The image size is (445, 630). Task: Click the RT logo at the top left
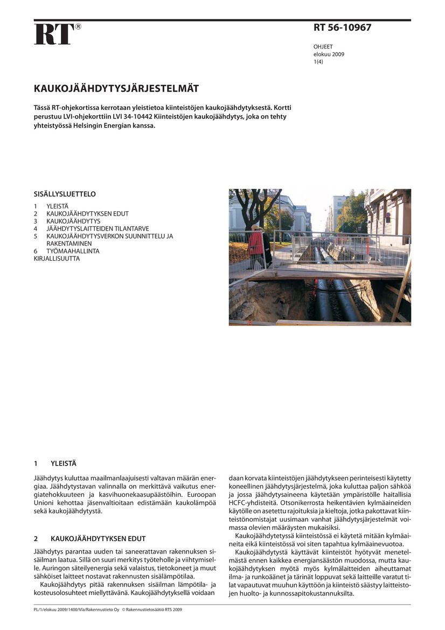click(x=54, y=34)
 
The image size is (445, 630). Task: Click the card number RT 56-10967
click(x=342, y=27)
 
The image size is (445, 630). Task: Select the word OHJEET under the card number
click(x=323, y=47)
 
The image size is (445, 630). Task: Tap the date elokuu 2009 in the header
click(x=329, y=54)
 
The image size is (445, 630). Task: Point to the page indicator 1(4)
click(x=318, y=62)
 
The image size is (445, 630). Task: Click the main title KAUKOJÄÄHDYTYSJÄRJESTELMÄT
click(x=116, y=88)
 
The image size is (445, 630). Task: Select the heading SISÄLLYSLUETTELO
click(x=65, y=194)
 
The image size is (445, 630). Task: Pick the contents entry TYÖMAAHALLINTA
click(x=73, y=251)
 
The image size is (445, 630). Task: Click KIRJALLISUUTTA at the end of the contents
click(x=57, y=259)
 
